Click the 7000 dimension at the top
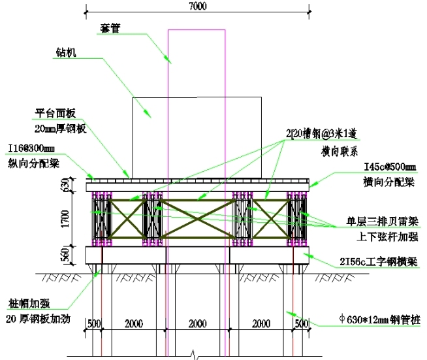coord(198,6)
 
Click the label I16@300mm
coord(32,148)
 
